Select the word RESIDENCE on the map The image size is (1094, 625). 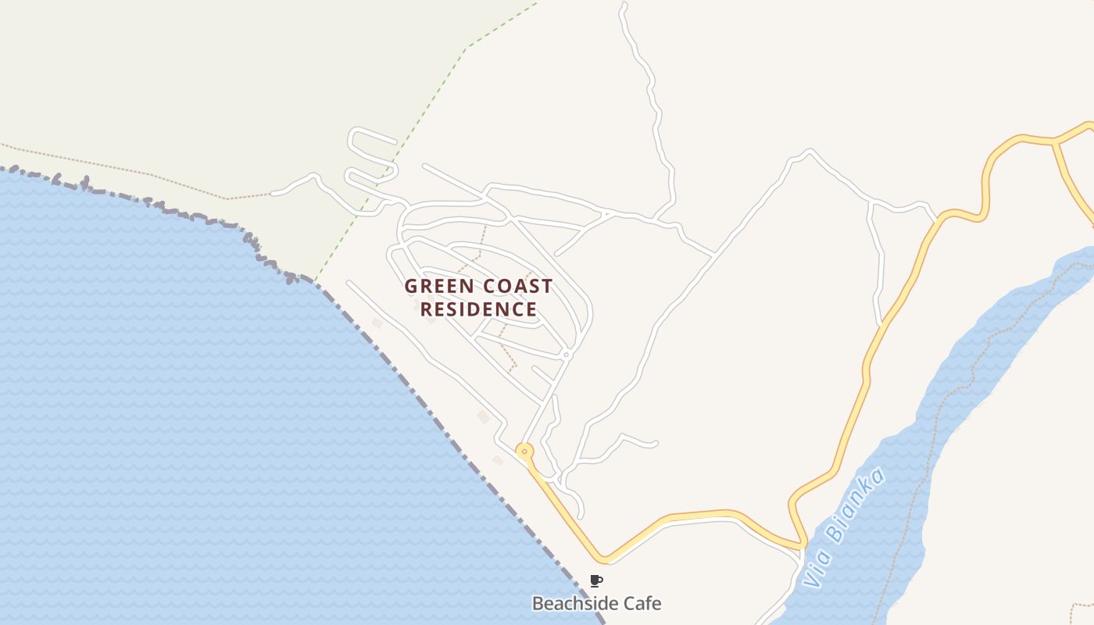coord(478,309)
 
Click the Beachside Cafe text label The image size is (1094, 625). coord(596,603)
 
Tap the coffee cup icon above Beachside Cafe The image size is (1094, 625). coord(596,580)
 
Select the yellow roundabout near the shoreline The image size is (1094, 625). coord(524,451)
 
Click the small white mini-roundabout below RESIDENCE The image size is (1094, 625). coord(567,355)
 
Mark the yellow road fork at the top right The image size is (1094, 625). coord(1054,142)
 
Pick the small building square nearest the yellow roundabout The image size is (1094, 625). coord(498,460)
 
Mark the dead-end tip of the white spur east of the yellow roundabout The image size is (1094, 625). coord(655,444)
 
